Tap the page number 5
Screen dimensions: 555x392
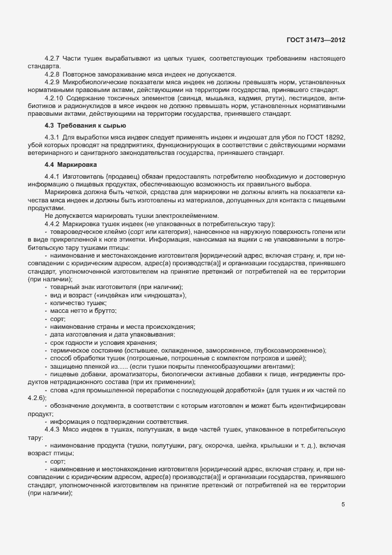coord(343,505)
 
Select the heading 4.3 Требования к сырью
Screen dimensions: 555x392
coord(85,126)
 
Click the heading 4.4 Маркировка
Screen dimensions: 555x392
coord(72,164)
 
